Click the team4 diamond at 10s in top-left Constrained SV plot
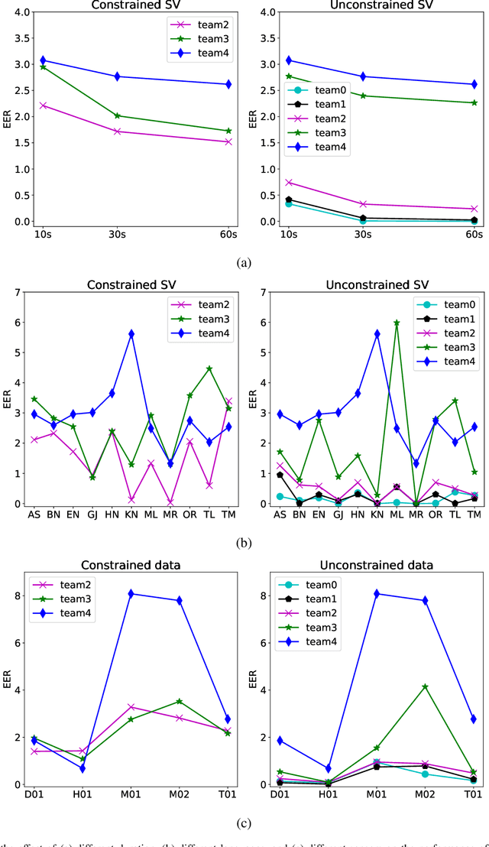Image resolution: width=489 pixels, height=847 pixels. [44, 60]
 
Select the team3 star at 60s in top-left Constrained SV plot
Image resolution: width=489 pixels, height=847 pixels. [229, 131]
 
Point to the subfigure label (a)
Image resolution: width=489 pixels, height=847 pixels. [244, 262]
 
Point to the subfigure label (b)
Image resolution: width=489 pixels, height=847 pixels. [244, 544]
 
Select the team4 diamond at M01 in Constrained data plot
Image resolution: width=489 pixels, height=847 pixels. [131, 593]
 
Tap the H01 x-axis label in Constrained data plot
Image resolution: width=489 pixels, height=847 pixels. [81, 797]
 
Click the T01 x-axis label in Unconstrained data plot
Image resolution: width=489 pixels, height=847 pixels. [474, 797]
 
